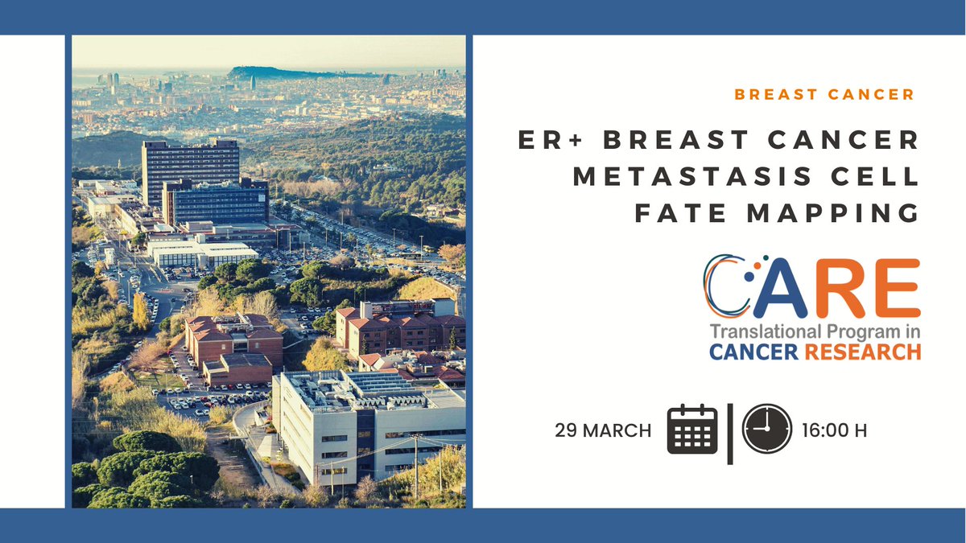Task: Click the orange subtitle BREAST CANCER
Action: (x=824, y=95)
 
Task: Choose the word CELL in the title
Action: (x=875, y=177)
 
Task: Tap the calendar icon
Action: (x=692, y=430)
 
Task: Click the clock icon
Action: (x=766, y=430)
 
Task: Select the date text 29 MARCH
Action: (x=603, y=431)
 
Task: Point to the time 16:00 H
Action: (x=834, y=431)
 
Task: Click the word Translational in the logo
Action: (x=759, y=332)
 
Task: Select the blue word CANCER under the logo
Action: (x=749, y=352)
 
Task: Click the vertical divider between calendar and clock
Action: (x=730, y=433)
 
